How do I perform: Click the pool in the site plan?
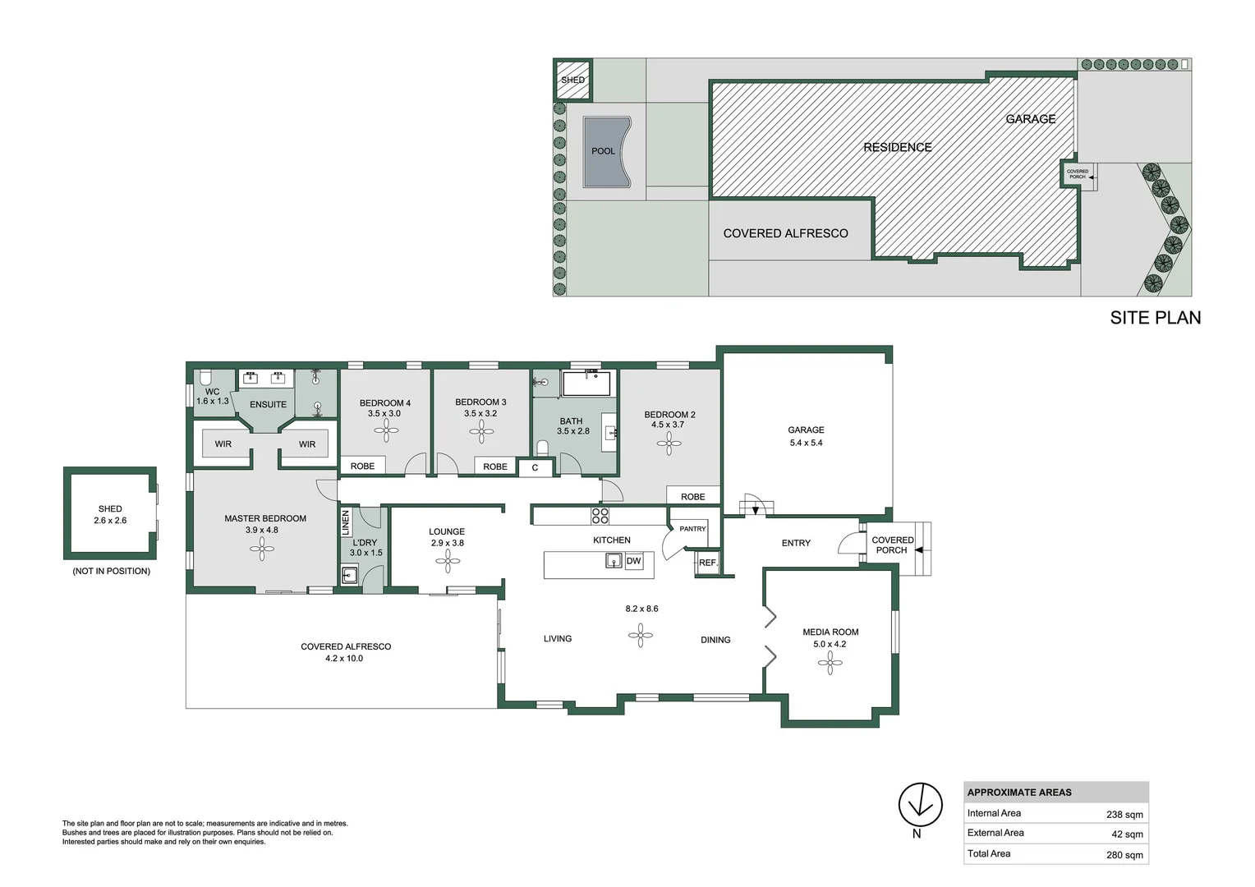[606, 152]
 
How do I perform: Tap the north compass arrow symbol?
[920, 805]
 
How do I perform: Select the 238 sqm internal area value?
[1124, 815]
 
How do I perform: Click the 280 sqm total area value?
[1124, 855]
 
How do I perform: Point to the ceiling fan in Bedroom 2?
[669, 443]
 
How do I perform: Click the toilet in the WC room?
[205, 378]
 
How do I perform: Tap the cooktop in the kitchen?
[600, 516]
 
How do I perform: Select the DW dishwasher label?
[633, 562]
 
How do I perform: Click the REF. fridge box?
[707, 563]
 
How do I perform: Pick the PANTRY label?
[692, 529]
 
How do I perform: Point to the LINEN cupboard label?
[346, 522]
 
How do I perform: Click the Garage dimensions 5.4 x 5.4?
[805, 443]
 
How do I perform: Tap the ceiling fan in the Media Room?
[830, 663]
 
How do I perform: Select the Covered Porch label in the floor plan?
[892, 545]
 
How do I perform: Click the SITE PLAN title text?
[1155, 318]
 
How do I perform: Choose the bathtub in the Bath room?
[586, 384]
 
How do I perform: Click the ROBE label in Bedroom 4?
[362, 466]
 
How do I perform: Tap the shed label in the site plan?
[572, 80]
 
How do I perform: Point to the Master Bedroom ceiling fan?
[262, 549]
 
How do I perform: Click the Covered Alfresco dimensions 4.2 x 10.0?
[344, 659]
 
